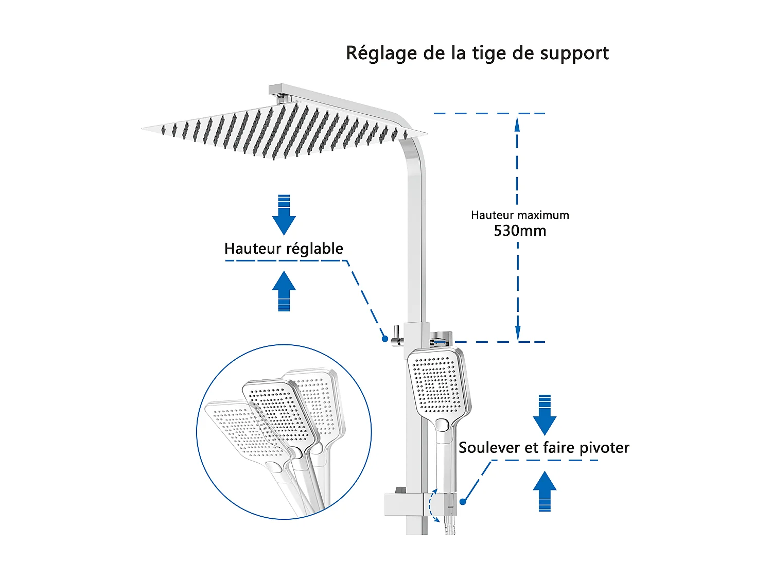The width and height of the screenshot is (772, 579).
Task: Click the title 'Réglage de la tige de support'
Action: [477, 54]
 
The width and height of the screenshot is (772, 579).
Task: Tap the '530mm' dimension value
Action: [520, 231]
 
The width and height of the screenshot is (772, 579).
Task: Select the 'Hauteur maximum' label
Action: [520, 215]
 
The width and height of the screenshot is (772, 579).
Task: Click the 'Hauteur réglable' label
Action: [284, 249]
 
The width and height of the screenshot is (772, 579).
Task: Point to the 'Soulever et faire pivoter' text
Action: [543, 448]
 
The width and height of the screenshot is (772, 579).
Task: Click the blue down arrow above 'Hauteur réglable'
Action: [284, 215]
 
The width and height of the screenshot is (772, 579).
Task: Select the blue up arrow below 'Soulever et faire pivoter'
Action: [545, 491]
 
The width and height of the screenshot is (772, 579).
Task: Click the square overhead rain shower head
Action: [283, 131]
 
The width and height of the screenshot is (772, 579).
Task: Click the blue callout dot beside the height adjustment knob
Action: [384, 339]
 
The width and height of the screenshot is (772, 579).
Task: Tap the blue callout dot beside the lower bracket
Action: [463, 502]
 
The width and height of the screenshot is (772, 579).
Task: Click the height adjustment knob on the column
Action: [396, 337]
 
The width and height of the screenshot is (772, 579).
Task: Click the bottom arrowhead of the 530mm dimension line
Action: [518, 335]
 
